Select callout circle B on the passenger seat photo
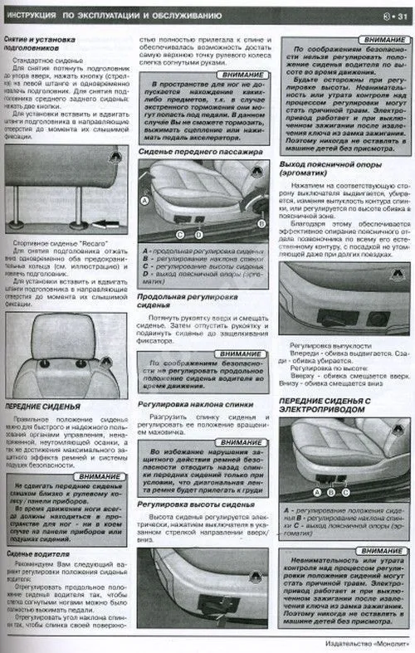[260, 223]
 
